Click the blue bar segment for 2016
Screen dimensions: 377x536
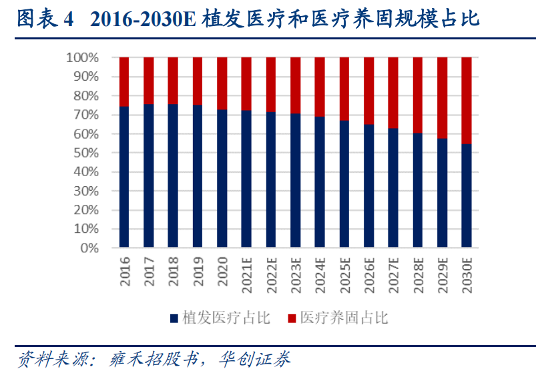(124, 177)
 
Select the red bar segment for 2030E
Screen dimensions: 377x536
(467, 100)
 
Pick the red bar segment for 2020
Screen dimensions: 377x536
(222, 83)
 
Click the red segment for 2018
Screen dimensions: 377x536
(173, 81)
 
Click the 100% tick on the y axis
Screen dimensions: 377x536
(82, 58)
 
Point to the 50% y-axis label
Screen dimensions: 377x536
(85, 153)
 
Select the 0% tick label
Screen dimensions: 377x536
(89, 248)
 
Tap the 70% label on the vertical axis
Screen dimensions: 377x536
(85, 115)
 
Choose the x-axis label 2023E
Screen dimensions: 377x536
(296, 276)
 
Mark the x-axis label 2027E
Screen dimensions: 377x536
(393, 276)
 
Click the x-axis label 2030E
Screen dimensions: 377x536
(467, 276)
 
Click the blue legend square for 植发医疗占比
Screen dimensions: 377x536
(174, 318)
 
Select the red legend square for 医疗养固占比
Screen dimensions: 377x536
(292, 318)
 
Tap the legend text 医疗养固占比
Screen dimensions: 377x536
(344, 318)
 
